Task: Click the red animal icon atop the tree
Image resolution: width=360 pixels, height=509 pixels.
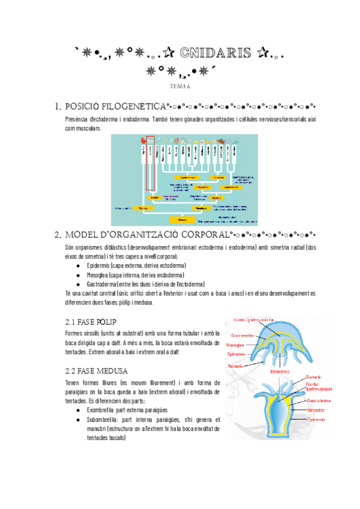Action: (x=143, y=142)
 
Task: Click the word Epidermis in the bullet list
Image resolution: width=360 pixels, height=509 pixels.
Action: (x=100, y=265)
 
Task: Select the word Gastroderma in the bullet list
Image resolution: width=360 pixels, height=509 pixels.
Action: (x=104, y=284)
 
